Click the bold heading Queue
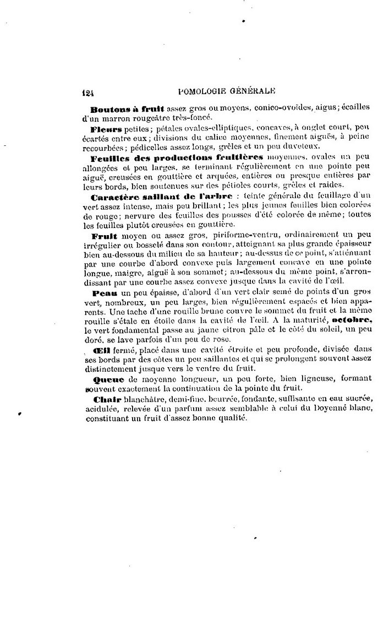(105, 379)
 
